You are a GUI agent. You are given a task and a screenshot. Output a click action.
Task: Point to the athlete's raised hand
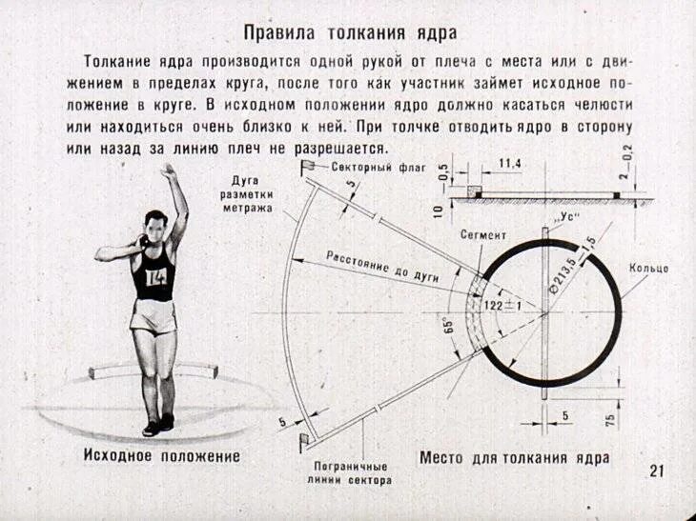click(168, 172)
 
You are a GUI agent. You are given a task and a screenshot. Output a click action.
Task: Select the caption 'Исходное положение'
click(161, 456)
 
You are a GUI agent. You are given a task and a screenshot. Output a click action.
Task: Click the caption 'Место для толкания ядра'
click(514, 457)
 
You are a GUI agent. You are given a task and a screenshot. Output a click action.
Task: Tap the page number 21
click(656, 471)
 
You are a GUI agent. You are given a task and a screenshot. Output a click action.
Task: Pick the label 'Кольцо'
click(648, 269)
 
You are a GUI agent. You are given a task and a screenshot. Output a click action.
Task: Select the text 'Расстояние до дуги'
click(381, 266)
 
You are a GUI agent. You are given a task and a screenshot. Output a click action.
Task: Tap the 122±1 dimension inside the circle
click(503, 305)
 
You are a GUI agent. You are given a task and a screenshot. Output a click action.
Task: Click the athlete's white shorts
click(154, 315)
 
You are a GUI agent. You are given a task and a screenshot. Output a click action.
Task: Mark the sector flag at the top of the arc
click(311, 168)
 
